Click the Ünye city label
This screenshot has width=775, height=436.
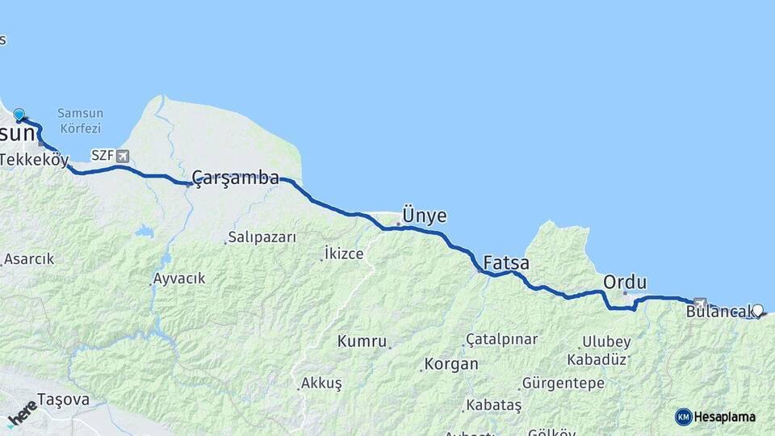click(x=424, y=216)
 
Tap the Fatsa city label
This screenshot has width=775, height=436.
click(x=506, y=263)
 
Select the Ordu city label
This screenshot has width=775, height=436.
click(x=625, y=283)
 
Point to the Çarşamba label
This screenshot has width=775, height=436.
click(x=236, y=178)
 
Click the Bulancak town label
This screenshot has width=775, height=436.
click(x=716, y=310)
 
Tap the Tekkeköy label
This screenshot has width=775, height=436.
click(x=34, y=160)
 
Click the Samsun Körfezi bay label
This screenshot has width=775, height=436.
click(x=79, y=122)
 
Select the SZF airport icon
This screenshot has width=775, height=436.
click(x=122, y=156)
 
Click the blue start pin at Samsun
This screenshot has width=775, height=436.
click(x=19, y=115)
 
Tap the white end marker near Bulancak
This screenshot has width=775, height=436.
click(x=757, y=309)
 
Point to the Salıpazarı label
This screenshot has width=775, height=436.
click(x=262, y=237)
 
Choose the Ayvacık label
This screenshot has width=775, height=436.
click(x=179, y=279)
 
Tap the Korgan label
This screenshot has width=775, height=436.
click(x=451, y=364)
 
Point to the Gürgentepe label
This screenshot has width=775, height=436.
click(x=563, y=382)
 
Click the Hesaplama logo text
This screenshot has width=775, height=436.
click(x=724, y=417)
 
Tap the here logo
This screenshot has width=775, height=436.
click(x=22, y=413)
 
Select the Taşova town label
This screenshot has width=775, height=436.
click(x=63, y=400)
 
